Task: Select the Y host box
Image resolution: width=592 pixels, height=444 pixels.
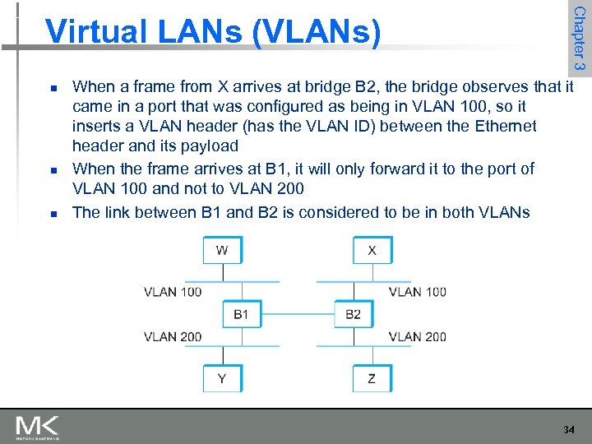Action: (222, 378)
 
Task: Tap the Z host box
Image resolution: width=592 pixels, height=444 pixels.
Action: (372, 378)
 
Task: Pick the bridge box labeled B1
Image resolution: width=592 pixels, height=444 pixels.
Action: (241, 314)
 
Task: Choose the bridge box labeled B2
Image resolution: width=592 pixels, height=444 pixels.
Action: (354, 314)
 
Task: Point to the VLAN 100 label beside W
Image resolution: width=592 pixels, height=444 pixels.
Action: (173, 292)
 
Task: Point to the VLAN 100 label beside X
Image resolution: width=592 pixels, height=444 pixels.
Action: (418, 292)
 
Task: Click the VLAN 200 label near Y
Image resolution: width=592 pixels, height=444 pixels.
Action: (173, 336)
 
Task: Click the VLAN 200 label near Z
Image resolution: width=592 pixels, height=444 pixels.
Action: (418, 336)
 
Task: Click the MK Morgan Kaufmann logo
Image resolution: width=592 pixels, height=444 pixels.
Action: (37, 427)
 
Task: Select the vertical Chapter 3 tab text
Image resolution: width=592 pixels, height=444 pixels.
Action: (579, 37)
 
